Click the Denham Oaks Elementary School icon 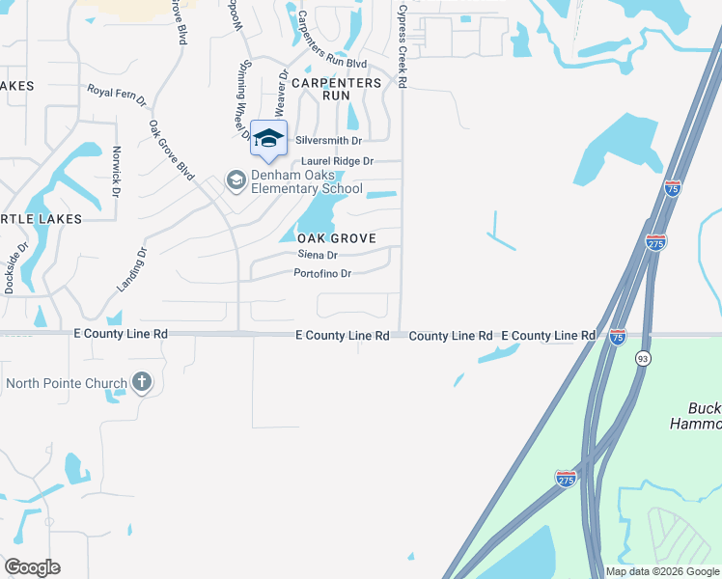(235, 180)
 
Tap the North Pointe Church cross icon (142, 383)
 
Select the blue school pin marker (269, 139)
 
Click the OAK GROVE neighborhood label (336, 238)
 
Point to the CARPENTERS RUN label (337, 90)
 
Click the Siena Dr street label (318, 256)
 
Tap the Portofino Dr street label (321, 273)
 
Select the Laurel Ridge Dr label (337, 161)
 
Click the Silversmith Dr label (328, 140)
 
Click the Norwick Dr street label (116, 172)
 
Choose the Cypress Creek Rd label (402, 45)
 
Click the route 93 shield (642, 358)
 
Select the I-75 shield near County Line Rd (618, 336)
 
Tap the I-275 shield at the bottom (567, 478)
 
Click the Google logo (32, 567)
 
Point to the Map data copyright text (662, 571)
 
